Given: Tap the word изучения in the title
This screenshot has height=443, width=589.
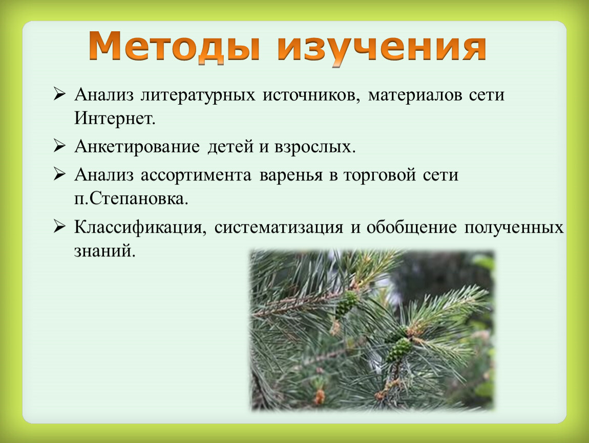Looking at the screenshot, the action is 382,48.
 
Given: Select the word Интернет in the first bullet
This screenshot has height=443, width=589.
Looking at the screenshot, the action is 115,118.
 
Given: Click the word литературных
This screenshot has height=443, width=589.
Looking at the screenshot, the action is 198,95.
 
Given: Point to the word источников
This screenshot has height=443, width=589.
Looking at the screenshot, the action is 311,95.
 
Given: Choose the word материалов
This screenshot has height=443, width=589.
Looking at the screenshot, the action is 415,95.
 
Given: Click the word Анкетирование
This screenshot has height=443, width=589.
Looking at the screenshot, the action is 137,147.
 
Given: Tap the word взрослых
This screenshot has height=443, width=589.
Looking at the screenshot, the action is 315,147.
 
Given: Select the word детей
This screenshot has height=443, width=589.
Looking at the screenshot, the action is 230,147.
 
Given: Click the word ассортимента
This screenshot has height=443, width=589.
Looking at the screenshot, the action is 196,175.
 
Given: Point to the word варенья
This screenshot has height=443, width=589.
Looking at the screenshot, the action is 291,175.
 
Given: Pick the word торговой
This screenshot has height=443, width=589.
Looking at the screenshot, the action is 380,175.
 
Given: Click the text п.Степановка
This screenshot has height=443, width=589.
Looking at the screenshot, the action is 131,198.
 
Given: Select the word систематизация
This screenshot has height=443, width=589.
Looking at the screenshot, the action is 279,228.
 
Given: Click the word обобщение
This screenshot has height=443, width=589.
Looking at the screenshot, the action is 412,228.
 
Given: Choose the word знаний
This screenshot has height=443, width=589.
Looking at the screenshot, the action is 104,251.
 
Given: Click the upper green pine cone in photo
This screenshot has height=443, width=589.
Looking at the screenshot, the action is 347,304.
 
